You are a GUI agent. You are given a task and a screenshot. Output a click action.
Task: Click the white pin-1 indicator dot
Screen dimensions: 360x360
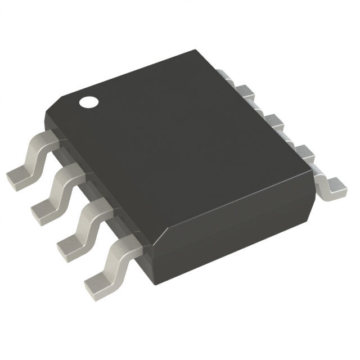[88, 102]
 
